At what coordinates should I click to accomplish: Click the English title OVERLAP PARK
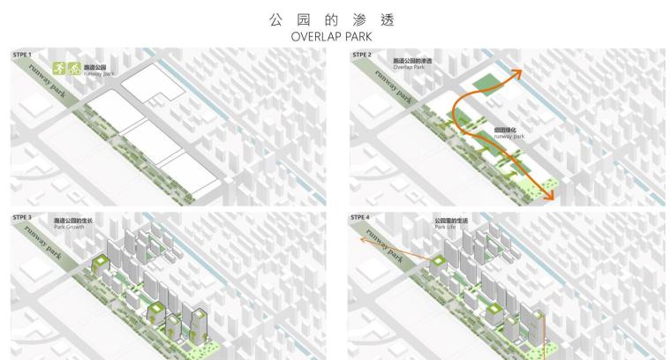click(x=334, y=37)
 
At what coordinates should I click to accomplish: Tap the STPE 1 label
click(x=22, y=55)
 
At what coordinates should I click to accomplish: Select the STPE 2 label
click(x=362, y=55)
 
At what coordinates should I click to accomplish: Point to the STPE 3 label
click(x=22, y=216)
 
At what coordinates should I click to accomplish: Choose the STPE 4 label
click(x=362, y=216)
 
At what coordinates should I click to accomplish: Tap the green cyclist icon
click(x=74, y=68)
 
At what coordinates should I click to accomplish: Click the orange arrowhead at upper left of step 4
click(x=362, y=238)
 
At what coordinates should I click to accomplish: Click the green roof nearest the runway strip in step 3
click(x=100, y=262)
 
